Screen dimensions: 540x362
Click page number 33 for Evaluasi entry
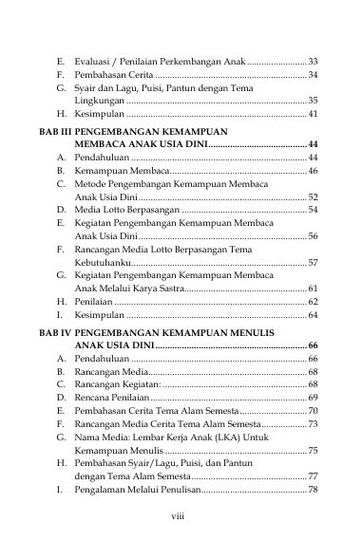(313, 60)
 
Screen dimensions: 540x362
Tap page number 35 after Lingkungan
(313, 100)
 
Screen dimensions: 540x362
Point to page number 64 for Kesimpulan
(313, 314)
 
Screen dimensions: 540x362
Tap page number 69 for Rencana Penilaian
(313, 398)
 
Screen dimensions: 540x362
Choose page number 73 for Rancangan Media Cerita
(313, 423)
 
